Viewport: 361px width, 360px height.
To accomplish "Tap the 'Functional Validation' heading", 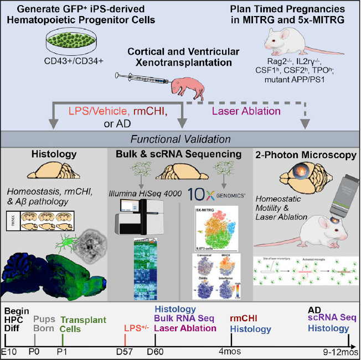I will point(180,139).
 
